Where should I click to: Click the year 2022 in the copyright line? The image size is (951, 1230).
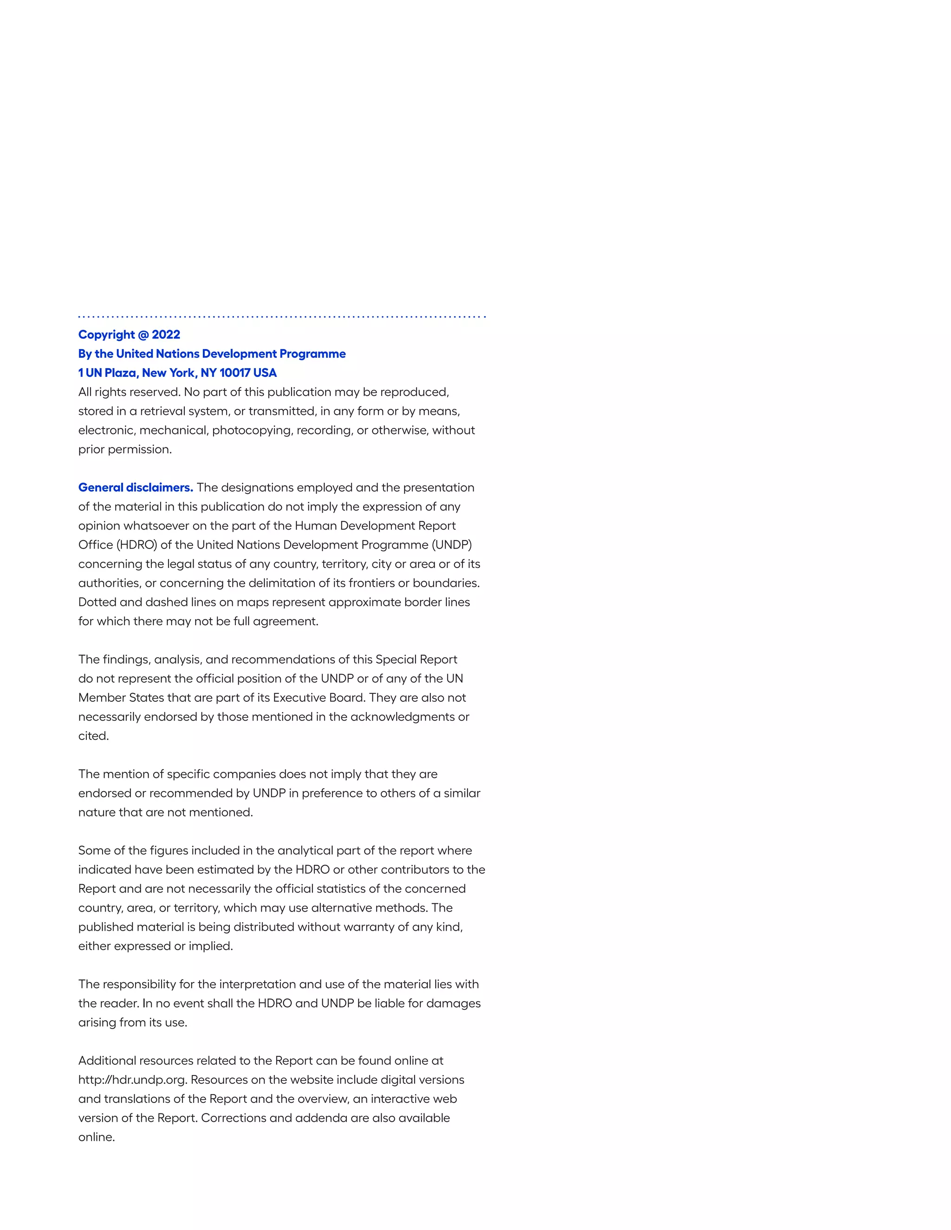point(166,335)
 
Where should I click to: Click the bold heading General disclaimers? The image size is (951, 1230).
point(136,488)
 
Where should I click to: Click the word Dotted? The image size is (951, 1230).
point(97,602)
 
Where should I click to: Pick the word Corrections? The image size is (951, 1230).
point(233,1119)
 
